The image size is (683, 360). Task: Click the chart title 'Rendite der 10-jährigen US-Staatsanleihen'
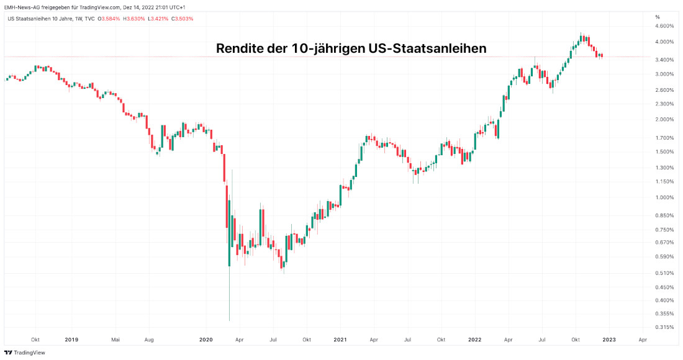(351, 48)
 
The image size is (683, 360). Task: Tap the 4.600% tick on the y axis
(664, 26)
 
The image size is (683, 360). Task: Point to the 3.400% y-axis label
(664, 60)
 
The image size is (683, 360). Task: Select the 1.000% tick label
(664, 197)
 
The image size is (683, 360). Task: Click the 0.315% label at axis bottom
(664, 327)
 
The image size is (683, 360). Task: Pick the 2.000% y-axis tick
(664, 119)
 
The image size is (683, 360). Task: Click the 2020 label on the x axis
(206, 340)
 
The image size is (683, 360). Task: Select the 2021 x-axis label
(340, 340)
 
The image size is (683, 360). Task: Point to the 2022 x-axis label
(474, 340)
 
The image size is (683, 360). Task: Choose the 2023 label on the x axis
(609, 340)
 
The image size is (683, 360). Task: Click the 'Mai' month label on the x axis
(115, 340)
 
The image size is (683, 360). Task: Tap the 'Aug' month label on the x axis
(149, 340)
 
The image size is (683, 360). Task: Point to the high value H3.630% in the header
(134, 19)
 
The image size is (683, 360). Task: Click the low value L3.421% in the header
(159, 19)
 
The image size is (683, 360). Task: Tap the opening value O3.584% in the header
(109, 19)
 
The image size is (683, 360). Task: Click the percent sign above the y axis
(658, 17)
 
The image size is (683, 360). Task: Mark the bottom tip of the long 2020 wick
(229, 320)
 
